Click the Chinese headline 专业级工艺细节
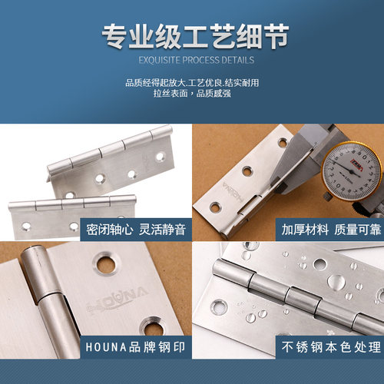pos(191,35)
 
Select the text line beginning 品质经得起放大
pos(191,82)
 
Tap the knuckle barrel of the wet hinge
pos(292,295)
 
